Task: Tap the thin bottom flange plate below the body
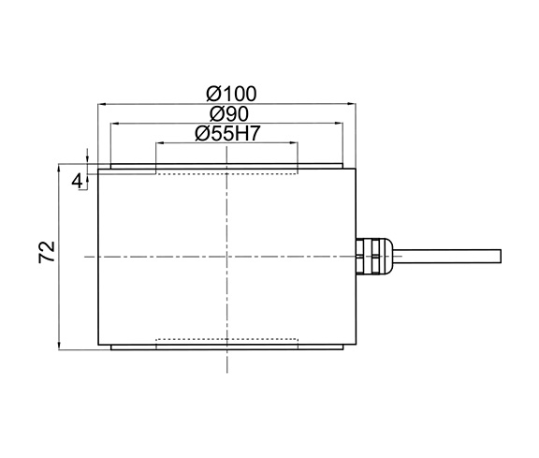[x=226, y=347]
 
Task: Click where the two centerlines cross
[x=226, y=256]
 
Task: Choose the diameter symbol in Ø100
[x=211, y=94]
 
